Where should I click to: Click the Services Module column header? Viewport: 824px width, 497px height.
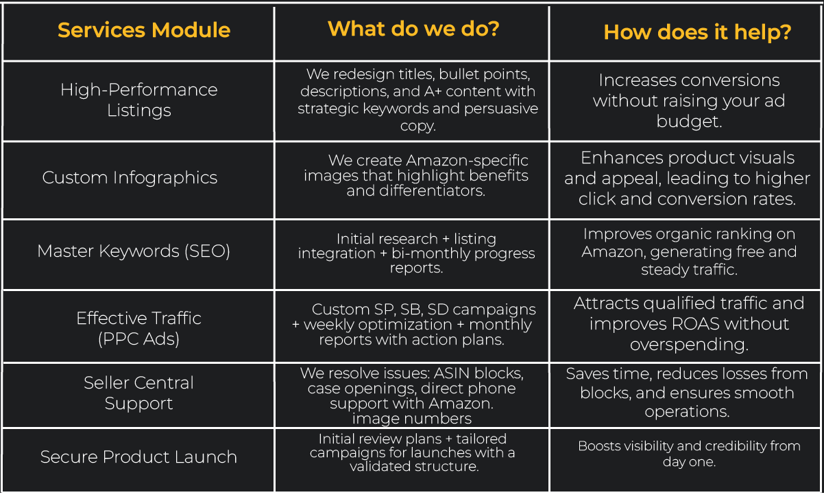click(144, 31)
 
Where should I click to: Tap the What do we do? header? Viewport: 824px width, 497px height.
click(413, 29)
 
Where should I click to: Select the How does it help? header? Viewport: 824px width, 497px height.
click(697, 32)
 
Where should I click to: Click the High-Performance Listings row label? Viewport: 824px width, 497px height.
click(139, 100)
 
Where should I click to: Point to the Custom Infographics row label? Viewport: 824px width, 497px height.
click(130, 178)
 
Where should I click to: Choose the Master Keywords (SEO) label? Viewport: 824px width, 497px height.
click(134, 251)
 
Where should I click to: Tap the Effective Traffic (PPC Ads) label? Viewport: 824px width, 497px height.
click(139, 328)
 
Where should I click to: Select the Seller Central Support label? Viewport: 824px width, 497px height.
click(139, 393)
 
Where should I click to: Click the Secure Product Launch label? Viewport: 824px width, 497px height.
click(138, 457)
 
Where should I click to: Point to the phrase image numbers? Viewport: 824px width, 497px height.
click(411, 418)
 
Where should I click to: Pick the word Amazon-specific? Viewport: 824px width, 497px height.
click(468, 161)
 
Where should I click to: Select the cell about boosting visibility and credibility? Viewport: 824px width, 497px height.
click(688, 454)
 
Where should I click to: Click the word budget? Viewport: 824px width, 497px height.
click(688, 122)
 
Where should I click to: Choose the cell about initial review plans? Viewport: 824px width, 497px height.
click(412, 452)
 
